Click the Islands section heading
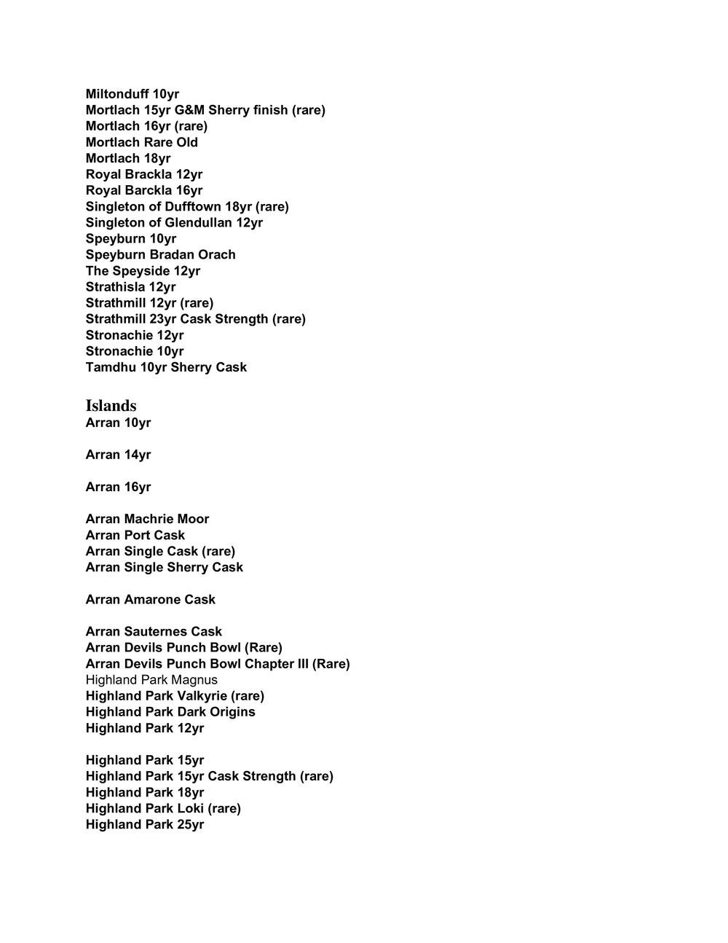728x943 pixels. coord(111,406)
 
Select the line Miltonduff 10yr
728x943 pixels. coord(132,94)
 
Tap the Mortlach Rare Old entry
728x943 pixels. coord(141,142)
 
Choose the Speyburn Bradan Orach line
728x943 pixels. coord(160,254)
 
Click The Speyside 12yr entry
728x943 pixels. coord(143,270)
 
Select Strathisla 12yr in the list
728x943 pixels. coord(130,286)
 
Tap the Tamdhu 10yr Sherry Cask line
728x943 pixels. coord(166,367)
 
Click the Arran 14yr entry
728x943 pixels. coord(118,455)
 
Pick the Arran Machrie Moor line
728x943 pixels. coord(147,519)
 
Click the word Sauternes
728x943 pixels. coord(155,631)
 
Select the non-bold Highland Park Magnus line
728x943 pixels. coord(151,680)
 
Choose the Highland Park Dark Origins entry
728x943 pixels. coord(170,712)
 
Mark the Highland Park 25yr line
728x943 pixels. coord(145,824)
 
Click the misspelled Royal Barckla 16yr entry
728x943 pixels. coord(144,190)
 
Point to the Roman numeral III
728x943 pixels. coord(301,664)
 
